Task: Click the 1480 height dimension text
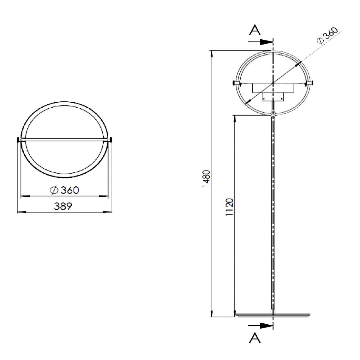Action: [206, 179]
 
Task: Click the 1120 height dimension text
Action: [229, 207]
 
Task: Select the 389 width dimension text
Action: [63, 207]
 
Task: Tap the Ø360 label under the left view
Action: [64, 190]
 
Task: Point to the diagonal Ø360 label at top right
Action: [327, 35]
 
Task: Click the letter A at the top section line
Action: [255, 30]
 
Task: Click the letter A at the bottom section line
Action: [255, 338]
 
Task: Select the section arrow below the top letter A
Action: [261, 41]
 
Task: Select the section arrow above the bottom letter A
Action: [261, 326]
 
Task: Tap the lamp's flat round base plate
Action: [273, 315]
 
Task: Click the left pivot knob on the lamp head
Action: [235, 83]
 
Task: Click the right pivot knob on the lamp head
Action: [311, 83]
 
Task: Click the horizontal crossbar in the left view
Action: [64, 139]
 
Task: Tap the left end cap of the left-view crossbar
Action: [18, 139]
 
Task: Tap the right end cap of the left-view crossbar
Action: [111, 139]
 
